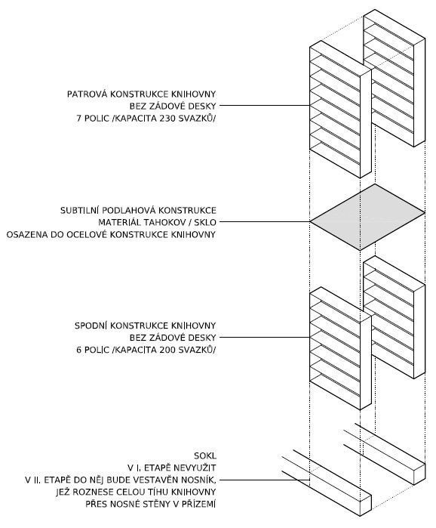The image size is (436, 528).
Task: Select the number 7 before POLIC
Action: click(x=78, y=118)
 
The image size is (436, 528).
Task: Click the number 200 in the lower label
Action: click(x=167, y=350)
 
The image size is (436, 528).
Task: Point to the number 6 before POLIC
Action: click(x=78, y=350)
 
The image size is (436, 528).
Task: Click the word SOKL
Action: click(x=205, y=456)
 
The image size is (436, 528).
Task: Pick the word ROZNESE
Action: click(x=88, y=492)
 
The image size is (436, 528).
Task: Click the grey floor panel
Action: click(x=367, y=218)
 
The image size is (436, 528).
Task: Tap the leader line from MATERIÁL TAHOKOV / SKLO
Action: click(x=265, y=222)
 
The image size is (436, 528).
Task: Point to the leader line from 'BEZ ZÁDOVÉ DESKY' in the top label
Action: click(x=265, y=106)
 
